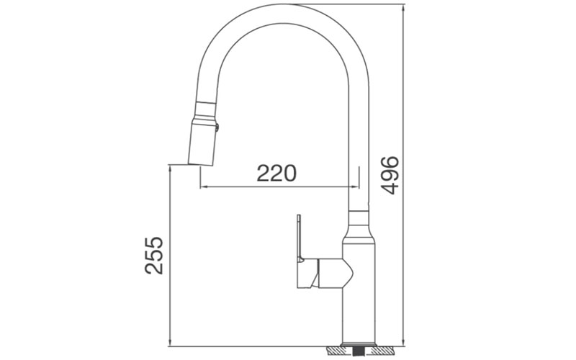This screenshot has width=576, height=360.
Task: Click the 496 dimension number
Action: click(390, 174)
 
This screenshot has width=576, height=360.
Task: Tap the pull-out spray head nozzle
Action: click(202, 140)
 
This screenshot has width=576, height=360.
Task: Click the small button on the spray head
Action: click(217, 127)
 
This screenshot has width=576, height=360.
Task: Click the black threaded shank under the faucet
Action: click(357, 351)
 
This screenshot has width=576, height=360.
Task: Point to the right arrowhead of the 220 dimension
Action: click(354, 187)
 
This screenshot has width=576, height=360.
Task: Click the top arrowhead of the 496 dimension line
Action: click(403, 6)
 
